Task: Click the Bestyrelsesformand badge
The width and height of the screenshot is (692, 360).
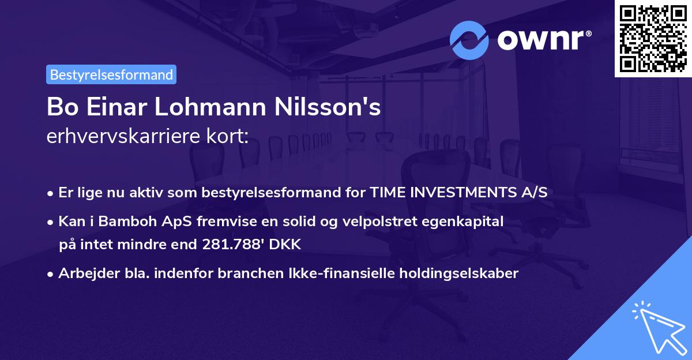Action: pos(111,74)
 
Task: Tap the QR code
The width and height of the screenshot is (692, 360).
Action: pos(652,38)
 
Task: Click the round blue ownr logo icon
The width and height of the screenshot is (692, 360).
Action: pos(469,40)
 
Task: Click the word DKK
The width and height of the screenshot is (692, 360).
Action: pos(285,245)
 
